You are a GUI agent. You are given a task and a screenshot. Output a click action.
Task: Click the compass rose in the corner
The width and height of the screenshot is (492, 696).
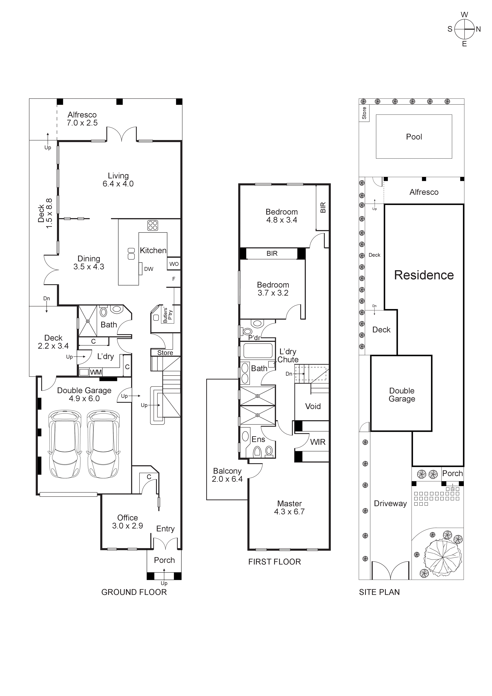464,29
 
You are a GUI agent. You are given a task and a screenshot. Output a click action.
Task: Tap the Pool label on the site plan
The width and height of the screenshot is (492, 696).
414,137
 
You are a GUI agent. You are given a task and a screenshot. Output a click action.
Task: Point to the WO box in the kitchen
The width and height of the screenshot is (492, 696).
174,264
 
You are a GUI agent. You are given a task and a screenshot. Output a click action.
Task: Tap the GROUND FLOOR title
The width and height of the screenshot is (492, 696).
134,592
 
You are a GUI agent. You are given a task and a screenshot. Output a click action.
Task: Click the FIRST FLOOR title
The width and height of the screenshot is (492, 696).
274,562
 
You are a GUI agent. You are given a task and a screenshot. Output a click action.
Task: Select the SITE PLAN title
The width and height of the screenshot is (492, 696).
379,592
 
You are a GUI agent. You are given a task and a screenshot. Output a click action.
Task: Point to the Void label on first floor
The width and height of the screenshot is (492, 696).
313,406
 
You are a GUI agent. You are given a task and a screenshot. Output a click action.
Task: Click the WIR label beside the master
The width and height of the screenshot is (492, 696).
318,442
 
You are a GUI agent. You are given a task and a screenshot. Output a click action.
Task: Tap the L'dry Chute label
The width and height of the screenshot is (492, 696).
288,356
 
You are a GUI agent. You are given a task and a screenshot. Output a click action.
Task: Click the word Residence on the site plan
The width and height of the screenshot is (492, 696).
424,275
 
